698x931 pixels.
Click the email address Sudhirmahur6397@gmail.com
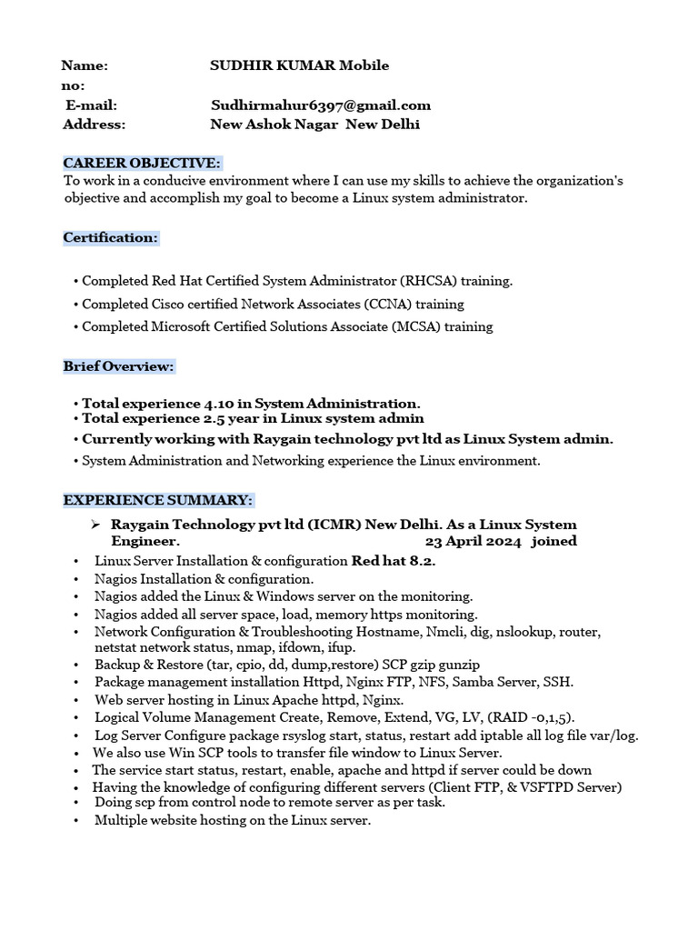(x=321, y=105)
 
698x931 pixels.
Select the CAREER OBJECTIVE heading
(x=142, y=163)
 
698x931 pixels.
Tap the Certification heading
(x=110, y=237)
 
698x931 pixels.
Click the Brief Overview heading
(x=118, y=366)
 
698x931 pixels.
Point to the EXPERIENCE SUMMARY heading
(x=157, y=500)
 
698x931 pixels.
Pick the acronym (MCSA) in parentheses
(x=420, y=326)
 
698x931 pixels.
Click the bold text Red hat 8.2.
(x=394, y=560)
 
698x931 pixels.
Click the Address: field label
(x=95, y=125)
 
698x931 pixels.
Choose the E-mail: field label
(x=91, y=105)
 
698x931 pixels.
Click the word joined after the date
(x=554, y=541)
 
